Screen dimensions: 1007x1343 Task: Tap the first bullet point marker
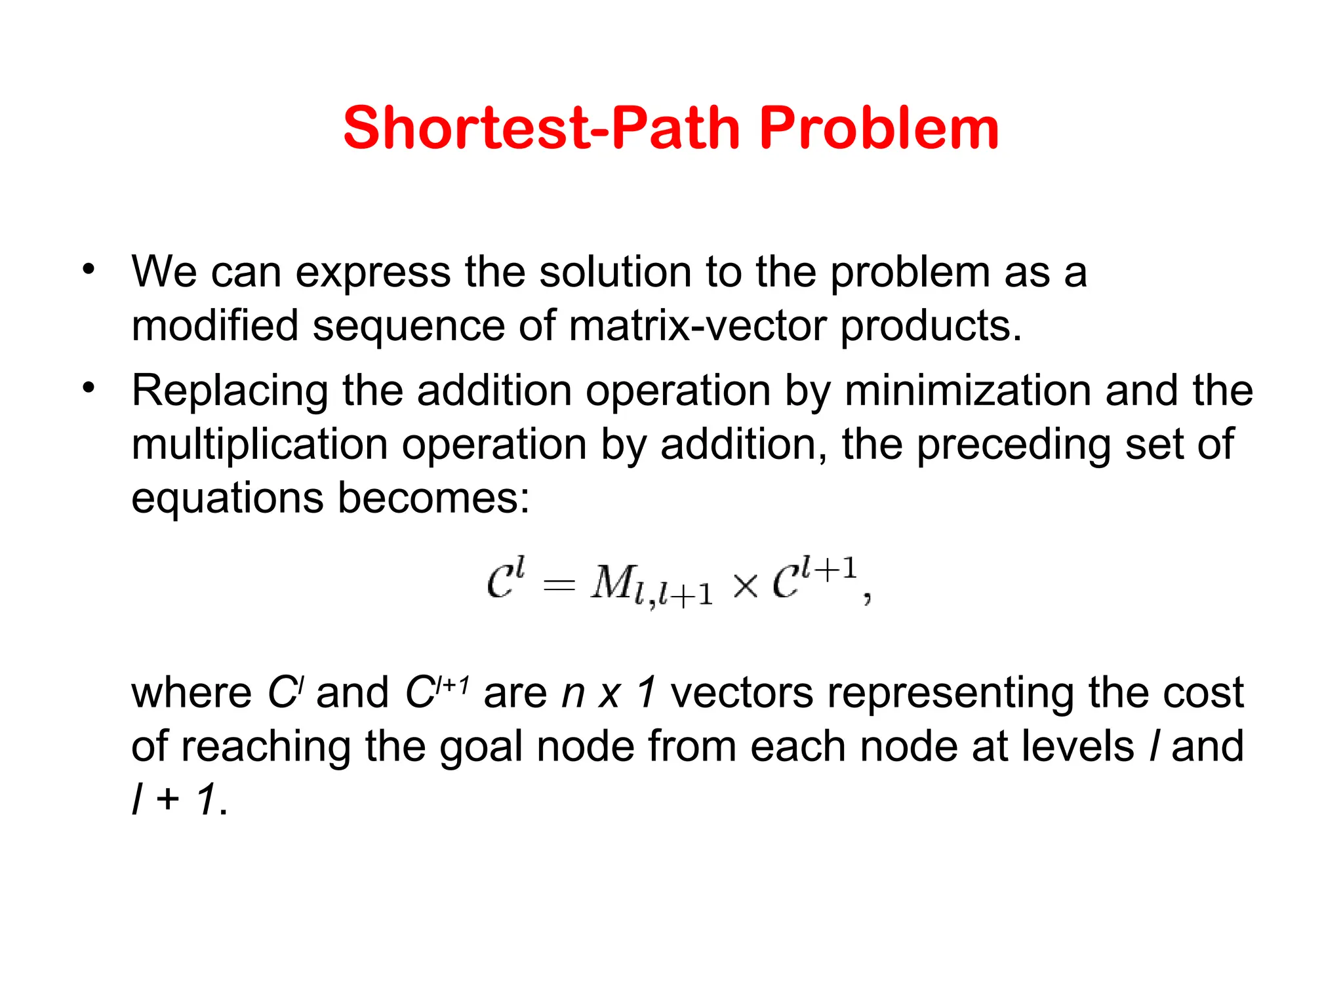(x=89, y=269)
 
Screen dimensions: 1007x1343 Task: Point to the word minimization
(x=967, y=391)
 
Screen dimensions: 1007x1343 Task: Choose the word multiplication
(x=260, y=445)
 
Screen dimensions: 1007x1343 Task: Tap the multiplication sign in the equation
(x=746, y=585)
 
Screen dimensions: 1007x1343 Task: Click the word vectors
(x=742, y=694)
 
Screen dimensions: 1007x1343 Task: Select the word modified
(x=214, y=326)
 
